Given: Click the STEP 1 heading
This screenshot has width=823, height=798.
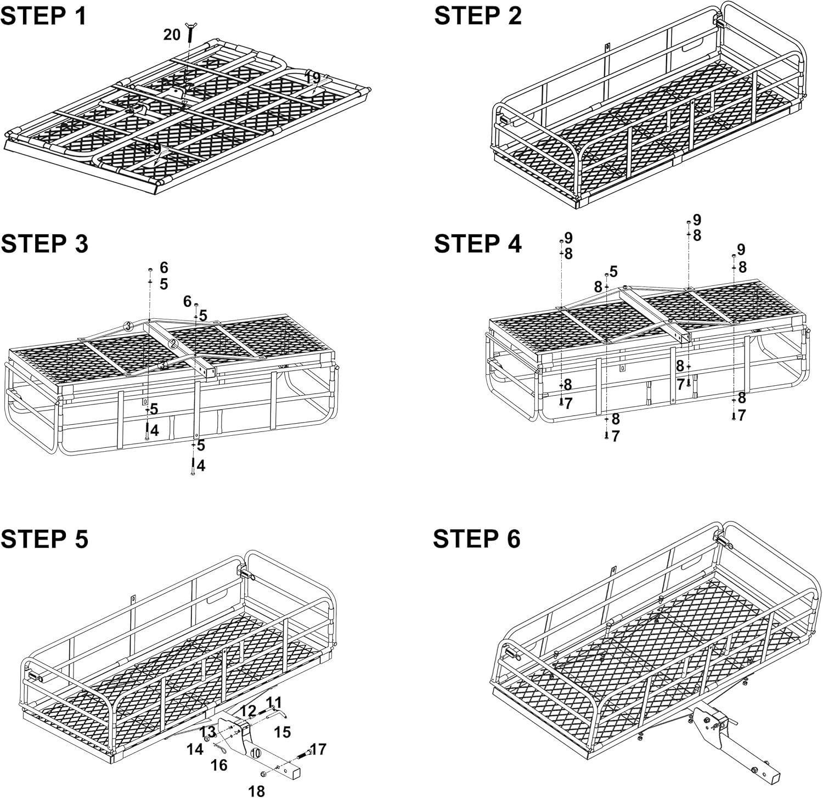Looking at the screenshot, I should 44,16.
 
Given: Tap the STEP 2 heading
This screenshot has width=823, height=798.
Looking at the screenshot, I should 477,16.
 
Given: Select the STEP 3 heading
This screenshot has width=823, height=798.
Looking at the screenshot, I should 44,244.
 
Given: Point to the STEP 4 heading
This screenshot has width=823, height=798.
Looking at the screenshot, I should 477,244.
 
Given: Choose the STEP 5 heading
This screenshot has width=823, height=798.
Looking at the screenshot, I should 44,539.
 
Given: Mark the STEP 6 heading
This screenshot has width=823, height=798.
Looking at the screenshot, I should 476,539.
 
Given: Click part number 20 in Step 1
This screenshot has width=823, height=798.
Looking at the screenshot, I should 172,35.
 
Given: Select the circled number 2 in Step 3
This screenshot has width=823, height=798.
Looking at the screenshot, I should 173,344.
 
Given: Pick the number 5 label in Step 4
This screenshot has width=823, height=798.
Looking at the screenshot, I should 613,271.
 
